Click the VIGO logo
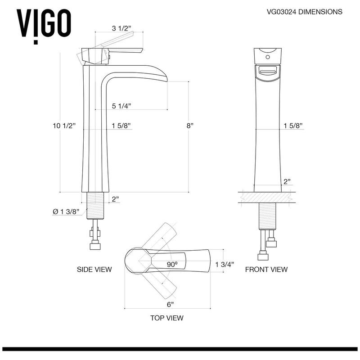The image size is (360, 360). tap(44, 22)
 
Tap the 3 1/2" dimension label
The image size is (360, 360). tap(121, 28)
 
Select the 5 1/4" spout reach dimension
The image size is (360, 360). tap(121, 106)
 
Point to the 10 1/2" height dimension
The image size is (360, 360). tap(63, 126)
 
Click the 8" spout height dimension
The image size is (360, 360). tap(191, 126)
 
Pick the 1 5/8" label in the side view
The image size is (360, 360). tap(121, 126)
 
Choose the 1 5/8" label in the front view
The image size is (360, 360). tap(293, 126)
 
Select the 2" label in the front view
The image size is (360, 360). tap(287, 182)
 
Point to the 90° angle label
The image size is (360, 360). tap(172, 265)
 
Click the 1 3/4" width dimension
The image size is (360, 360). tap(225, 265)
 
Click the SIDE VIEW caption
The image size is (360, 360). tap(94, 270)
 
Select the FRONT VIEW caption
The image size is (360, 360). tap(266, 270)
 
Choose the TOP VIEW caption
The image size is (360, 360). tap(166, 318)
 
